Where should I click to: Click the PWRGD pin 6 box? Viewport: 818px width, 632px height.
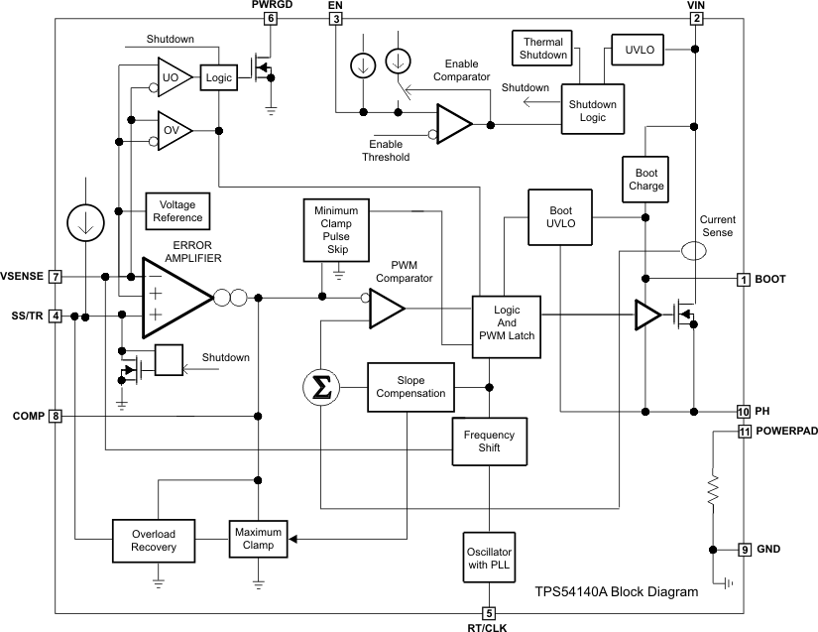tap(270, 18)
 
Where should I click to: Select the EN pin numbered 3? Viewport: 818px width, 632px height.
tap(336, 18)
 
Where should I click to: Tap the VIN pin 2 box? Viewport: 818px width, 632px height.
tap(697, 18)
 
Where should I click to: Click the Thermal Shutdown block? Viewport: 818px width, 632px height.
tap(544, 48)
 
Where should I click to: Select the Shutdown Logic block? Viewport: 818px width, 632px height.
tap(592, 111)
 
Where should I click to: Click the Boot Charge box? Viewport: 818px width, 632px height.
tap(645, 179)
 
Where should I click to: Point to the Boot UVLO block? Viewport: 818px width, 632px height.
tap(560, 216)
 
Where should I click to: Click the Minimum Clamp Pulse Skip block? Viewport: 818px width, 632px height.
tap(336, 231)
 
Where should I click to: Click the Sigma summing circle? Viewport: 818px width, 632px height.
tap(321, 387)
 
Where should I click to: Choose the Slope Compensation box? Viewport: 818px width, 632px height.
tap(410, 387)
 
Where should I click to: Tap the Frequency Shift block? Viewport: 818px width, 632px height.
tap(489, 442)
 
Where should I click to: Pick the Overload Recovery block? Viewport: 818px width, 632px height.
tap(154, 540)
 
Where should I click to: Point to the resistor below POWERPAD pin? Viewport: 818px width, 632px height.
tap(711, 490)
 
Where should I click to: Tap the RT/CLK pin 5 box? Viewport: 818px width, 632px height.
tap(489, 613)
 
